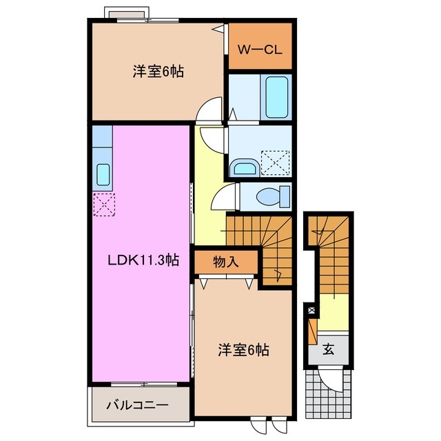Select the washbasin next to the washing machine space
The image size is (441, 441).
[243, 167]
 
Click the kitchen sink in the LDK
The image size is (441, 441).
[103, 175]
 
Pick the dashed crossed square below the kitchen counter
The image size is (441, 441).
[104, 205]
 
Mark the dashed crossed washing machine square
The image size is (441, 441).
[276, 163]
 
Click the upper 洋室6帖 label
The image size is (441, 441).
[158, 72]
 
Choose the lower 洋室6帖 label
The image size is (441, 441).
[243, 350]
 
